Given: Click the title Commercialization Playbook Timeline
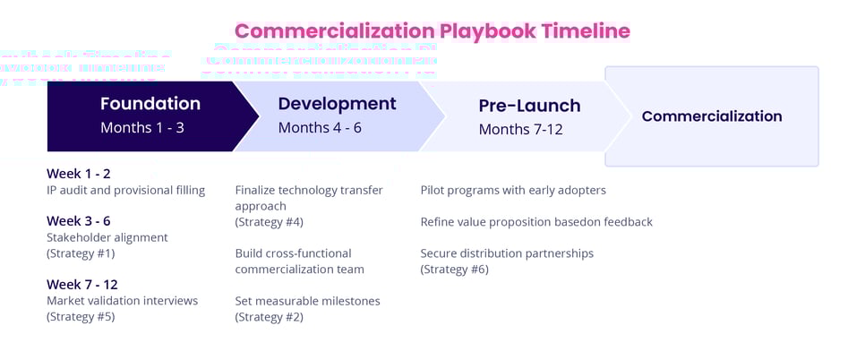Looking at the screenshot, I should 432,31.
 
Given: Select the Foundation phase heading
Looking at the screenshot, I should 150,103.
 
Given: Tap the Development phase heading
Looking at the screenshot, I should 337,103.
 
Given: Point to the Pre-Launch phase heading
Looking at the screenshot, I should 529,106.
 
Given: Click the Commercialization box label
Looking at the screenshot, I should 711,116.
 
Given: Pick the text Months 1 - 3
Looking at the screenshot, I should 141,128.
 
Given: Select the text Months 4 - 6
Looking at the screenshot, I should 320,128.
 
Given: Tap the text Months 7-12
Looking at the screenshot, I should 520,130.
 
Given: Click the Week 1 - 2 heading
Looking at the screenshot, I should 79,174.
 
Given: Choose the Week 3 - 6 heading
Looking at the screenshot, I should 79,221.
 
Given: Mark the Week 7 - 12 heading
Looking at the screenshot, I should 81,285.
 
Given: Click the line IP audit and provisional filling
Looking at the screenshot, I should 125,190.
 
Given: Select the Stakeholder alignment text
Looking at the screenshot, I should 107,237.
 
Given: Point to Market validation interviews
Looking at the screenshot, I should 122,301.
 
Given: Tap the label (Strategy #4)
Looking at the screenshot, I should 269,222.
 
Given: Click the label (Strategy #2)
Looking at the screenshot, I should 269,317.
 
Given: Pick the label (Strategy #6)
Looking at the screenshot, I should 454,270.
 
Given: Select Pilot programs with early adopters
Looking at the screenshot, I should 513,190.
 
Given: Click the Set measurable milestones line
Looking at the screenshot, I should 307,301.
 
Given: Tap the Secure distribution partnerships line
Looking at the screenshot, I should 507,253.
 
